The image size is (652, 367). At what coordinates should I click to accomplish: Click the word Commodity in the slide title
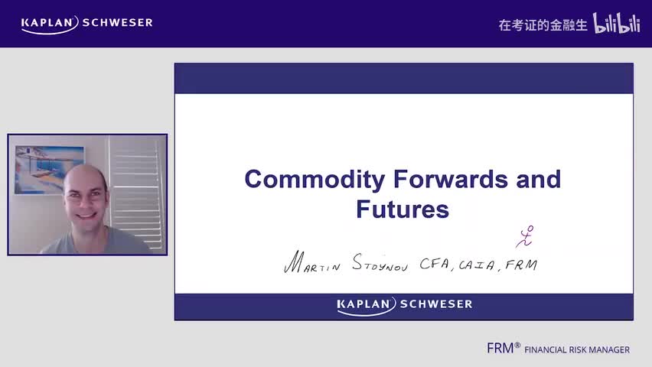click(x=315, y=180)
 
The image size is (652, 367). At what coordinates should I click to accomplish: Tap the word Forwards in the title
click(x=455, y=180)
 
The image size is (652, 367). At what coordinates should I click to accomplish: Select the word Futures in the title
click(x=403, y=209)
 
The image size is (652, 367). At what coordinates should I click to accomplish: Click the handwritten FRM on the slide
click(x=521, y=265)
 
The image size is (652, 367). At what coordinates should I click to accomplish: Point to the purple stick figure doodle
click(x=524, y=236)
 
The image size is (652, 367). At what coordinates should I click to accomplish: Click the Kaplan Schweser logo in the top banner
click(x=86, y=23)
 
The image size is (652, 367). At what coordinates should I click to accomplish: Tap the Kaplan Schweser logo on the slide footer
click(x=404, y=305)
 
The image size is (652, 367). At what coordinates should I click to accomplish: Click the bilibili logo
click(x=617, y=24)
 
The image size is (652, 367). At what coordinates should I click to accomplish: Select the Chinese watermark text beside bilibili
click(x=543, y=24)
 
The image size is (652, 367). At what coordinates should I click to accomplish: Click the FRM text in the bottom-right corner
click(x=501, y=348)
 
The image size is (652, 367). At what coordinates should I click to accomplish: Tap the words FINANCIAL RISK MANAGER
click(x=577, y=350)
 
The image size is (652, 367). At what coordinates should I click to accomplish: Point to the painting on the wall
click(x=48, y=168)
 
